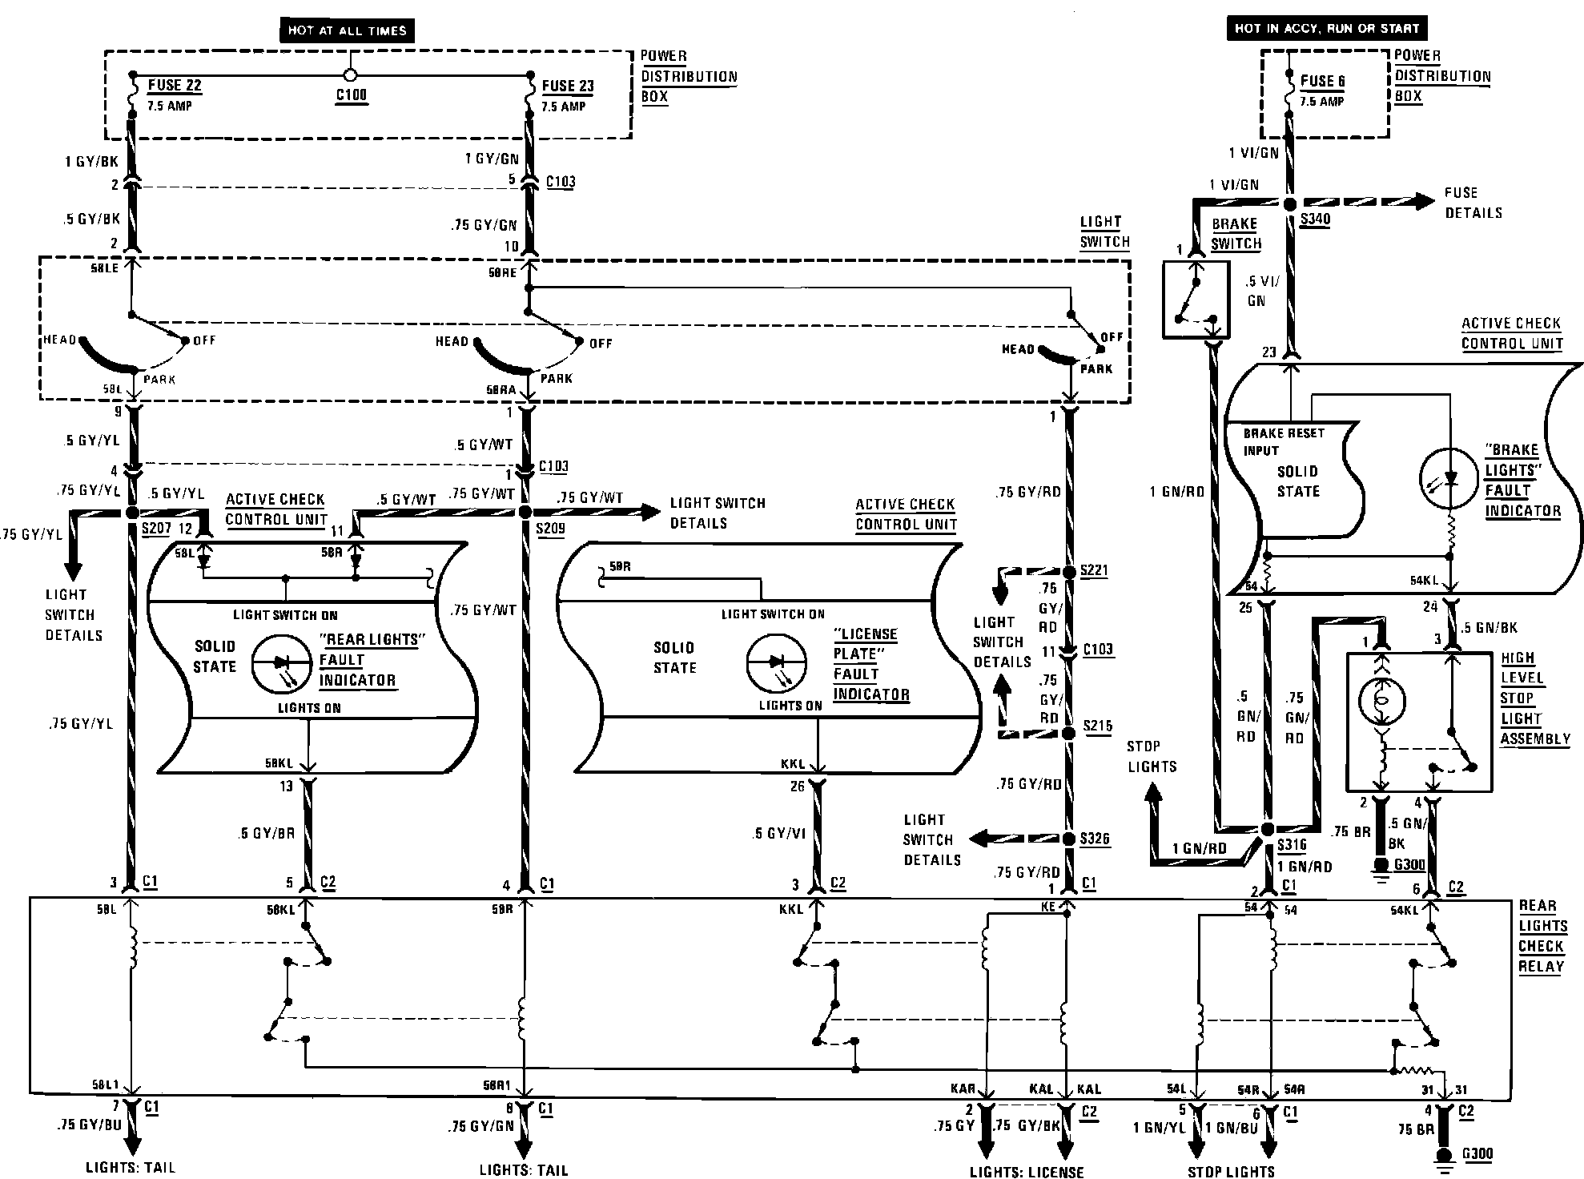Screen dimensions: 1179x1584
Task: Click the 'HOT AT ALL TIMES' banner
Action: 347,30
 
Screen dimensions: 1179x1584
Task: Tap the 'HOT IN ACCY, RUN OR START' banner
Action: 1326,28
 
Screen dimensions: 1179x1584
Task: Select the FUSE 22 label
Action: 174,86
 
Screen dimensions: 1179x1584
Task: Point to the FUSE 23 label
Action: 568,86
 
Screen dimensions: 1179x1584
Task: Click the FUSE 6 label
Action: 1322,81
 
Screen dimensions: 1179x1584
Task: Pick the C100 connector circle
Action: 349,75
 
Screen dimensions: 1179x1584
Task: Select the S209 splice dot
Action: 525,511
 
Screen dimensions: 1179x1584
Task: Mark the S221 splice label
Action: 1096,570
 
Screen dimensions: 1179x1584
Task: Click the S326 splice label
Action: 1096,839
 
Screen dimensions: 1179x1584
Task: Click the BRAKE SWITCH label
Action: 1235,234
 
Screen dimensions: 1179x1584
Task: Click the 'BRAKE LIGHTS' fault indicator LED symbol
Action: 1449,480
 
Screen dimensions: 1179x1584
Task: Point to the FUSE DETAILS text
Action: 1473,203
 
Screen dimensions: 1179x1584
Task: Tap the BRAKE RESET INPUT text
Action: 1283,441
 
